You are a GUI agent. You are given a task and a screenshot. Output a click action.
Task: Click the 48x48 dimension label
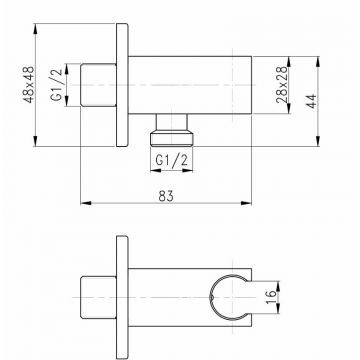[x=30, y=85]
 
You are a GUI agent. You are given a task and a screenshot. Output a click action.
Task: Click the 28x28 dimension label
[x=282, y=85]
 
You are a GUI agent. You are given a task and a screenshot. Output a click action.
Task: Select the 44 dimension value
[x=311, y=101]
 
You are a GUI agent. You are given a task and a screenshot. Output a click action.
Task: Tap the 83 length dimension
[x=166, y=196]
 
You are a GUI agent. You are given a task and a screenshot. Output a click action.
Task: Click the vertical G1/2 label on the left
[x=57, y=85]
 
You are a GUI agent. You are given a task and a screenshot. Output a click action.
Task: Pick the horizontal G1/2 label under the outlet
[x=172, y=161]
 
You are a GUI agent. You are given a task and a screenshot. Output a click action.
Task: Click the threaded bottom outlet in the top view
[x=172, y=138]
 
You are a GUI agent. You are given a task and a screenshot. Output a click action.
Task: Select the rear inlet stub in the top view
[x=98, y=85]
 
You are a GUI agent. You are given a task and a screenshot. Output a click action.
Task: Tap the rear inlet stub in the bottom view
[x=98, y=297]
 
